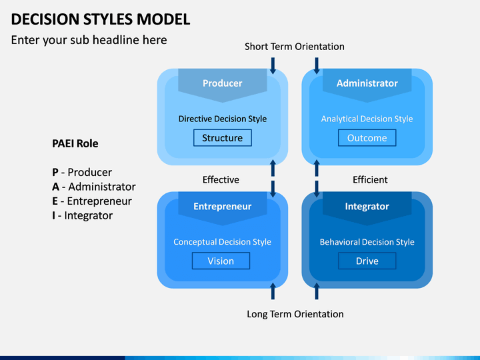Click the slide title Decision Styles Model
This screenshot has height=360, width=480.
[101, 19]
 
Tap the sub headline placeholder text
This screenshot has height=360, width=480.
[89, 40]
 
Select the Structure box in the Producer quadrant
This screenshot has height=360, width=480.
[223, 138]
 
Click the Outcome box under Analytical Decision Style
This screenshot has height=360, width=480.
[367, 138]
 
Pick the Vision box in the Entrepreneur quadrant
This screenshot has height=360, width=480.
[221, 261]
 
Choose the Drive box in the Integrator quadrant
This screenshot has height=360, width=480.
[367, 261]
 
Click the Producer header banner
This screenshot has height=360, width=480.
[223, 84]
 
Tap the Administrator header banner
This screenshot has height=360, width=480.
[367, 84]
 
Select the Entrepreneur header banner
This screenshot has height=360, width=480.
[223, 207]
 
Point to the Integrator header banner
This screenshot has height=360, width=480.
[367, 207]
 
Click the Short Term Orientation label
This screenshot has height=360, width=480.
[295, 47]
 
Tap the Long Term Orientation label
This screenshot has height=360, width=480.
[295, 314]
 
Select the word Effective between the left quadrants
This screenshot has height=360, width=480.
[221, 180]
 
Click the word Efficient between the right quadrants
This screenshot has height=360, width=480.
[370, 180]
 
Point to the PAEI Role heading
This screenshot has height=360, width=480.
[75, 143]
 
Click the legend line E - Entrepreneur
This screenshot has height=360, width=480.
[92, 201]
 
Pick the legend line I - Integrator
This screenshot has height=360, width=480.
[82, 215]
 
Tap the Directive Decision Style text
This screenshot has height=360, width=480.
[223, 119]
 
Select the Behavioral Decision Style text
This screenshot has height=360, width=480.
[367, 242]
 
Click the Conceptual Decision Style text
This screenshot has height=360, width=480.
[222, 242]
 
